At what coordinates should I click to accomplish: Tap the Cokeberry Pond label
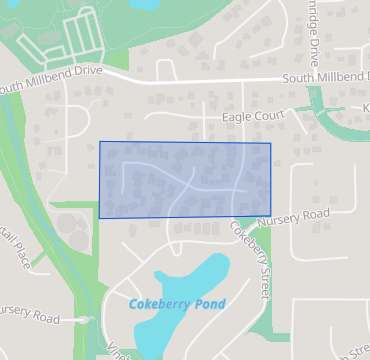[x=177, y=304]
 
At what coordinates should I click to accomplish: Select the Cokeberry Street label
[x=252, y=257]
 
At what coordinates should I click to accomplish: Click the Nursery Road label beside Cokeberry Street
[x=292, y=216]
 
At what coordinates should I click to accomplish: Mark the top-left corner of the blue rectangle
[x=100, y=142]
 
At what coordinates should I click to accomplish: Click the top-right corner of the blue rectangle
[x=271, y=143]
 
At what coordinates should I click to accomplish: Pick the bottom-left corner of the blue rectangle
[x=99, y=218]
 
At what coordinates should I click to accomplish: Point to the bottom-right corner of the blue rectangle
[x=271, y=214]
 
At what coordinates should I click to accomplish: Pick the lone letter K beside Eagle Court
[x=366, y=107]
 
